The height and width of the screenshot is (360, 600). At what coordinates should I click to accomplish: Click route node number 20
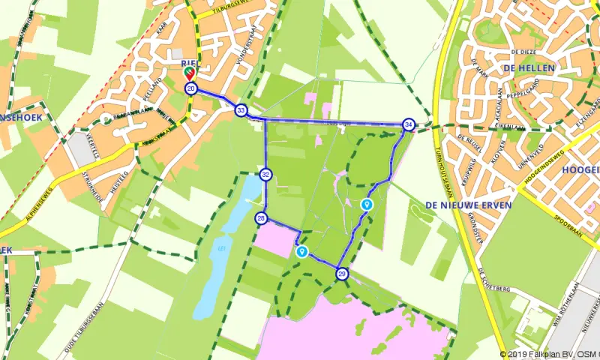coord(190,88)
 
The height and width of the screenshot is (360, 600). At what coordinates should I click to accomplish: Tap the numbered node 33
coord(241,109)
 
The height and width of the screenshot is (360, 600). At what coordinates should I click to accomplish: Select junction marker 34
coord(408,124)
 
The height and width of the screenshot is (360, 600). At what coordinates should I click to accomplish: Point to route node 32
coord(265,175)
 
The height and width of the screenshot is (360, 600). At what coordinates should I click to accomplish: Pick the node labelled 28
coord(261,218)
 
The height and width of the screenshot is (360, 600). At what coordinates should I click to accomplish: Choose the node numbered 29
coord(342,274)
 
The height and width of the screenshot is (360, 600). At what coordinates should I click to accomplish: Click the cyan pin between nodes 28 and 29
coord(301,251)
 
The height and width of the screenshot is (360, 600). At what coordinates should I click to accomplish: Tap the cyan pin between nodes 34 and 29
coord(367,203)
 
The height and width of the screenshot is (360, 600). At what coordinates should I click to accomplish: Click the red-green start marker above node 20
coord(190,73)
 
